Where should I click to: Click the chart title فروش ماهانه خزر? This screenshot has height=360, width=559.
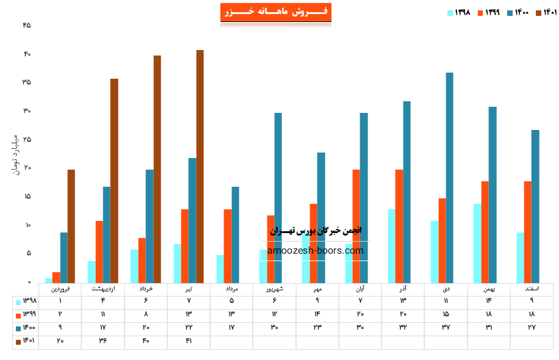[276, 12]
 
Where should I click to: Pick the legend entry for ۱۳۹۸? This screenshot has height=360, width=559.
[460, 12]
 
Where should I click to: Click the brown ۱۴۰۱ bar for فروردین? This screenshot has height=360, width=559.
[71, 226]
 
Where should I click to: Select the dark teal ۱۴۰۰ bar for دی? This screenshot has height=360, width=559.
[450, 178]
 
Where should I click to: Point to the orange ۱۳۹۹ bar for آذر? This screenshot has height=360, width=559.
[399, 226]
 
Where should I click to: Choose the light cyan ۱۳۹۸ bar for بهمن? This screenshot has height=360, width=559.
[477, 243]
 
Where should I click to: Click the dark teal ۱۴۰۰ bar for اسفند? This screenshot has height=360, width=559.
[535, 206]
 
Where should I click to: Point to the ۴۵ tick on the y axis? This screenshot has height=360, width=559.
[27, 26]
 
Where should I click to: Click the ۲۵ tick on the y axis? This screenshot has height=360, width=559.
[27, 140]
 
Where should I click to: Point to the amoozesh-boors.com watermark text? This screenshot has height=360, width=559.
[316, 251]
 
